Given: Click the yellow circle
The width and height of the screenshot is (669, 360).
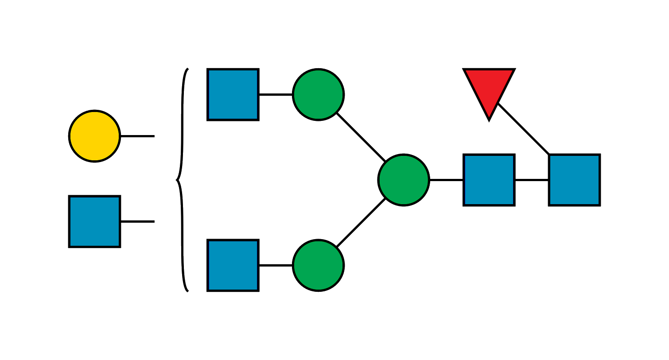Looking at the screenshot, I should pos(94,136).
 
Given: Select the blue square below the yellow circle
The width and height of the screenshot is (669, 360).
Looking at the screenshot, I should pos(94,221).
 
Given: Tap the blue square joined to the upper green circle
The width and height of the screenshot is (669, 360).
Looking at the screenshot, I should pos(233,94).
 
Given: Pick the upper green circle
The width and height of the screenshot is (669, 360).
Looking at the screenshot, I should pos(318,94).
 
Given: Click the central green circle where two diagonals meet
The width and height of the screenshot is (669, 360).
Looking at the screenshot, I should pos(404,180).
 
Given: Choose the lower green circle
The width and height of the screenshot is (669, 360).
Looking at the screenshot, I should pos(318,265).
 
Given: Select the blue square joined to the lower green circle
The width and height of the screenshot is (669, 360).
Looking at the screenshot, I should pos(233,265).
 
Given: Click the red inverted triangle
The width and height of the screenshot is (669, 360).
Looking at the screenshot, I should pos(489,89).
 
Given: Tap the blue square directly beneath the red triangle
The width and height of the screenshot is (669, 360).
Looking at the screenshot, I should pos(489,180).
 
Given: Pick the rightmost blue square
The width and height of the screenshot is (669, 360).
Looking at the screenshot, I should pos(574,180).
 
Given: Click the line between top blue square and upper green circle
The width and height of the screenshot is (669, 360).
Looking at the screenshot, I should pos(276,95).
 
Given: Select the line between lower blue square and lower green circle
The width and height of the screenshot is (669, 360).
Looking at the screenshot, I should pos(276,264).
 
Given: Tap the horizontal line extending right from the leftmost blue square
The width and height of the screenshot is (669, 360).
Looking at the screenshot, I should pos(137,220).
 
